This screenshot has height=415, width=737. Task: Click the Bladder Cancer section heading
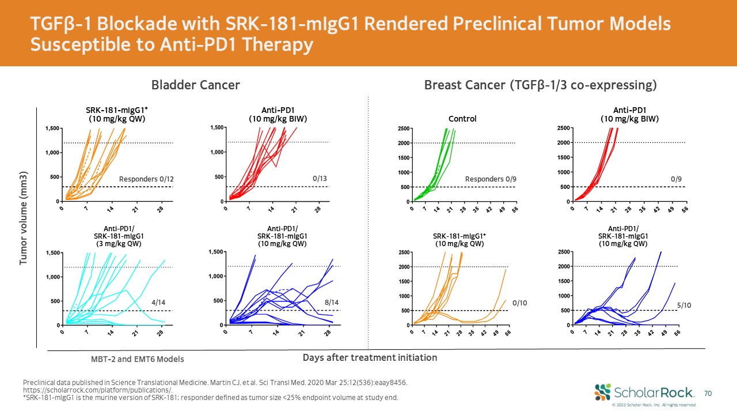[x=195, y=86]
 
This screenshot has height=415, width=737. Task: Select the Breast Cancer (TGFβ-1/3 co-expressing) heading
[x=540, y=86]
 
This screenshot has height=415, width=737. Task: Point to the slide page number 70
[x=708, y=393]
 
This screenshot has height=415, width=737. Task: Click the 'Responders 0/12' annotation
[x=146, y=180]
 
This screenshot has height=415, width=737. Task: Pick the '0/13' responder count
[x=320, y=179]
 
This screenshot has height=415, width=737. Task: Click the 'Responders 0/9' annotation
[x=491, y=179]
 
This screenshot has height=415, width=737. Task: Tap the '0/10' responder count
[x=521, y=302]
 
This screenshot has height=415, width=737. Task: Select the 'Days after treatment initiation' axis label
[x=370, y=358]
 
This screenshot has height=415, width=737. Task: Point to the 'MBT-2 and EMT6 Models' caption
[x=137, y=359]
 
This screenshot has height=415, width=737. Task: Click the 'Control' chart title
[x=462, y=119]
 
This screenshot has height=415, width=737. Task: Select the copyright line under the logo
[x=654, y=405]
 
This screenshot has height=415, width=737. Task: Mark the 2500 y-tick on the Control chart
[x=405, y=128]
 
